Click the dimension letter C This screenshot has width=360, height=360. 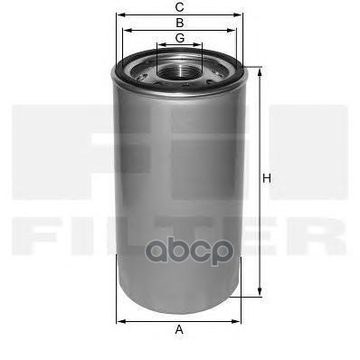click(x=180, y=7)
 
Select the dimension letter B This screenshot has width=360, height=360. click(x=180, y=22)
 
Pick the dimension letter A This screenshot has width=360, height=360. click(x=179, y=329)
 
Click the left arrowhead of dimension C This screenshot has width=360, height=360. click(x=118, y=14)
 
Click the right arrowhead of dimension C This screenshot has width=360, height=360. click(x=242, y=14)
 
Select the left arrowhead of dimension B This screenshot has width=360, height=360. click(x=126, y=29)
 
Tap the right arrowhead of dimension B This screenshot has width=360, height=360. click(x=235, y=29)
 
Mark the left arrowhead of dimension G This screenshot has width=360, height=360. click(x=158, y=43)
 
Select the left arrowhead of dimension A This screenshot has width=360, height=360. click(x=119, y=319)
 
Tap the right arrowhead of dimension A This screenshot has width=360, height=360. click(x=241, y=319)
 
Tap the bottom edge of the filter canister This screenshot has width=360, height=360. click(x=180, y=304)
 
